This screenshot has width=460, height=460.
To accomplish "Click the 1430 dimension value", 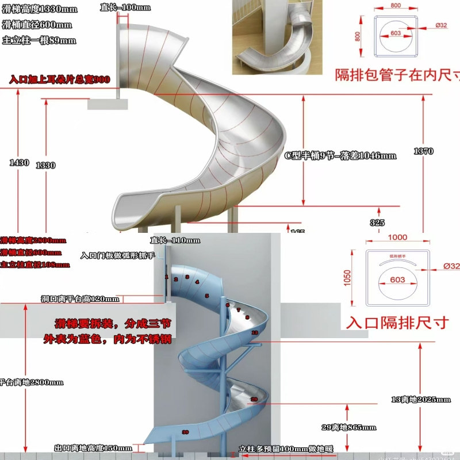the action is (19, 163).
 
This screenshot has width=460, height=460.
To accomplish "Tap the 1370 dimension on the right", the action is (423, 151).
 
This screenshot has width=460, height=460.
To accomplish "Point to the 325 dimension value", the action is (378, 223).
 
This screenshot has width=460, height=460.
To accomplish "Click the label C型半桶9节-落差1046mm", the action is (340, 155).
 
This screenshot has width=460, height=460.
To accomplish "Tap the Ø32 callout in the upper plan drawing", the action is (442, 25).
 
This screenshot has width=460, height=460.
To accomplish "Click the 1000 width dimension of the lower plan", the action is (397, 237).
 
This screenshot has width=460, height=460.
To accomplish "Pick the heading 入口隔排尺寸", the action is (397, 322).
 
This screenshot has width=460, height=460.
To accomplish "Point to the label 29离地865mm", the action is (349, 427).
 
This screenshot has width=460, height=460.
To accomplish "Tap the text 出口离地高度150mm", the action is (93, 448).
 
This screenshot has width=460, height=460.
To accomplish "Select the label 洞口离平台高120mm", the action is (80, 299).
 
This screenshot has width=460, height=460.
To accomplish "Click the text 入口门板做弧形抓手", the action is (118, 255).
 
